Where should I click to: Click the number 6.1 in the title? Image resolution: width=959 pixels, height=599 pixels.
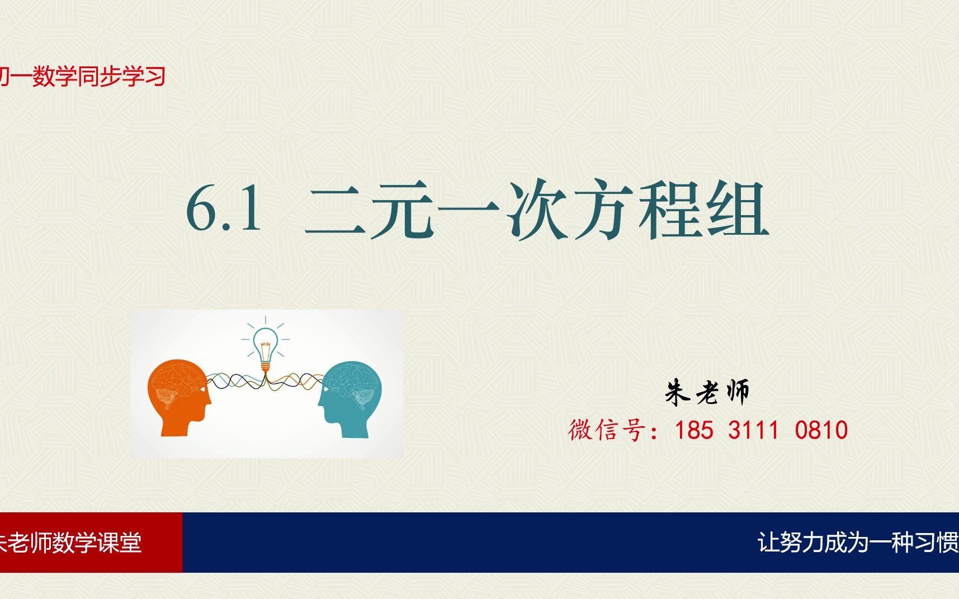click(x=224, y=209)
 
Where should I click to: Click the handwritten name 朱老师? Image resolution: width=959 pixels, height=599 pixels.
click(x=707, y=392)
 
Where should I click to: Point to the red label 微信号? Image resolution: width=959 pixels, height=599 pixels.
click(x=607, y=430)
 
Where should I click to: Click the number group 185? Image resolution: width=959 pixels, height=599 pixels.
click(x=694, y=430)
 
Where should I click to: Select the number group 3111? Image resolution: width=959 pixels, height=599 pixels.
click(x=753, y=430)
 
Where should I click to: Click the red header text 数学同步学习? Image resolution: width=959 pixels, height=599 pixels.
click(x=98, y=77)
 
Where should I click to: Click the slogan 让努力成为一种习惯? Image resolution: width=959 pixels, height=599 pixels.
click(x=858, y=543)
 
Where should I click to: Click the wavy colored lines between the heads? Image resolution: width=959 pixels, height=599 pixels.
click(x=235, y=381)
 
